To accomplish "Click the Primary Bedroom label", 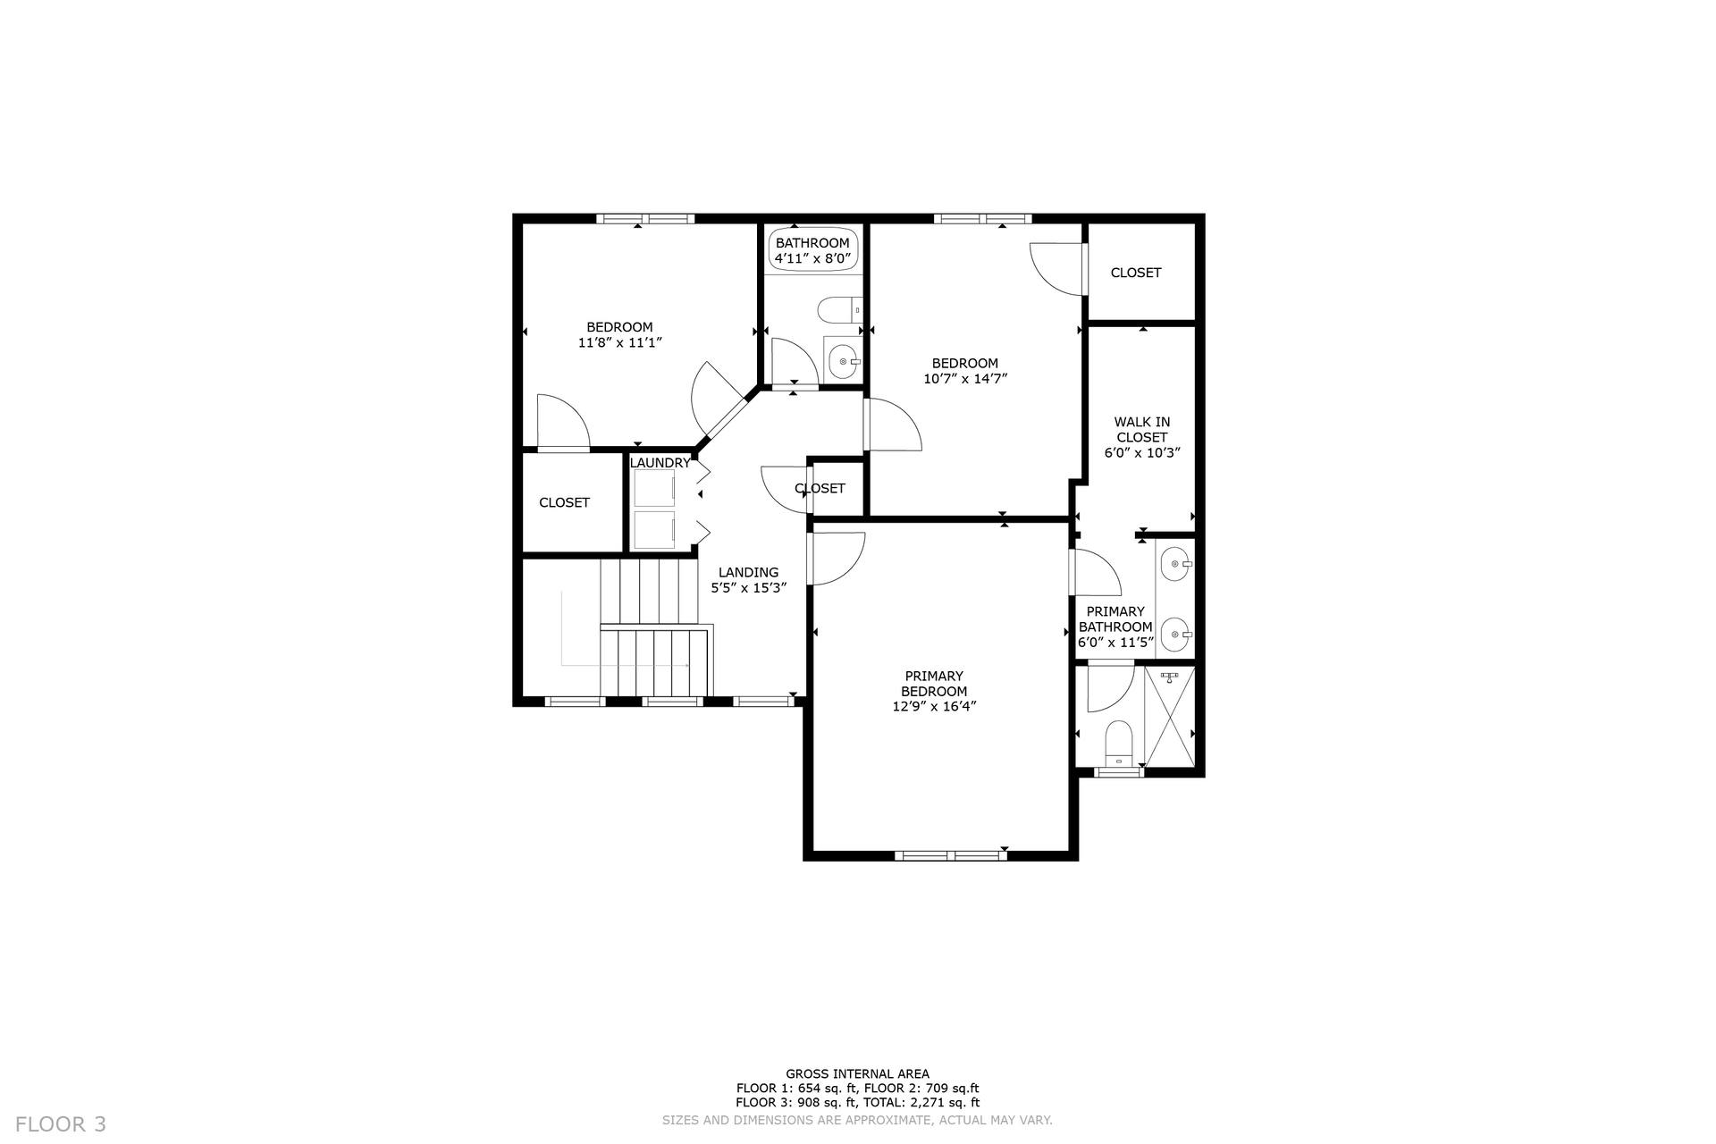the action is pos(934,684).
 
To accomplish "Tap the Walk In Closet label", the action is pos(1142,430).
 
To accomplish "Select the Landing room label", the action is pos(749,572).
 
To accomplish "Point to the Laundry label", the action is pos(660,463).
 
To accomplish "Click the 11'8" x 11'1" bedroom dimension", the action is pos(619,342).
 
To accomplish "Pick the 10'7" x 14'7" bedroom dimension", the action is pos(965,378).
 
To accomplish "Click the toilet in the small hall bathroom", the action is pos(839,310).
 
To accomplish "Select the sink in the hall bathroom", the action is pos(843,361).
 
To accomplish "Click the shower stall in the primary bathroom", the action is pos(1170,715).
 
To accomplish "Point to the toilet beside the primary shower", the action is pos(1119,744).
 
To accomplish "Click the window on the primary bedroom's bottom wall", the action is pos(951,855).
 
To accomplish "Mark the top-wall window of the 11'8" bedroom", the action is pos(645,218).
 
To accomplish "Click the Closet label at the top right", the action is pos(1136,273).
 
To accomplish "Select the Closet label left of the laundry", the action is pos(564,503).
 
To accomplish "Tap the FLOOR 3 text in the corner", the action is pos(61,1124).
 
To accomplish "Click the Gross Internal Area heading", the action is pos(858,1074).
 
